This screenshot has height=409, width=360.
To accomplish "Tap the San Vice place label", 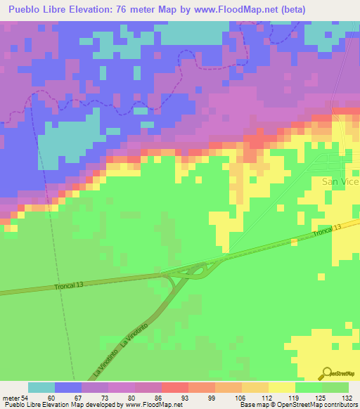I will point(340,181).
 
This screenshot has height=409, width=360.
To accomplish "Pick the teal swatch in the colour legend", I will point(41,387).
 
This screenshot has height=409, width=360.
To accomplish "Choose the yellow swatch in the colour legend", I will point(282,387).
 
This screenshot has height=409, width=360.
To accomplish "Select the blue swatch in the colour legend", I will point(67,387).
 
